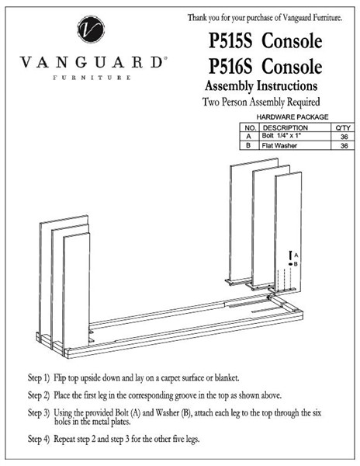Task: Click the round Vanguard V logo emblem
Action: pyautogui.click(x=91, y=30)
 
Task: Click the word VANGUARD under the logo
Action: pyautogui.click(x=92, y=62)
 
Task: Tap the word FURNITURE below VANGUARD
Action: pyautogui.click(x=92, y=78)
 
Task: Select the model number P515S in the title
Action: pyautogui.click(x=230, y=40)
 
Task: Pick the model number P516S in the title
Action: pyautogui.click(x=230, y=66)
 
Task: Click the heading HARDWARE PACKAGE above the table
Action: pyautogui.click(x=292, y=117)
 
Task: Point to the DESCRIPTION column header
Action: pyautogui.click(x=286, y=128)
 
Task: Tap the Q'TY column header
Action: pyautogui.click(x=343, y=128)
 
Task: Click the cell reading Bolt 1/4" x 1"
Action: pyautogui.click(x=282, y=136)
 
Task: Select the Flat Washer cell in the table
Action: pyautogui.click(x=279, y=145)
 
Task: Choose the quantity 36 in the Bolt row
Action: pyautogui.click(x=344, y=137)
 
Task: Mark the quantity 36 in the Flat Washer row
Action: pyautogui.click(x=344, y=146)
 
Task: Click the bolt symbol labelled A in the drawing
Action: pyautogui.click(x=290, y=255)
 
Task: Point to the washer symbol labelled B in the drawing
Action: pyautogui.click(x=290, y=264)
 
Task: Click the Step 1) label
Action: pyautogui.click(x=39, y=378)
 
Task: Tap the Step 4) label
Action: pyautogui.click(x=39, y=439)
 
